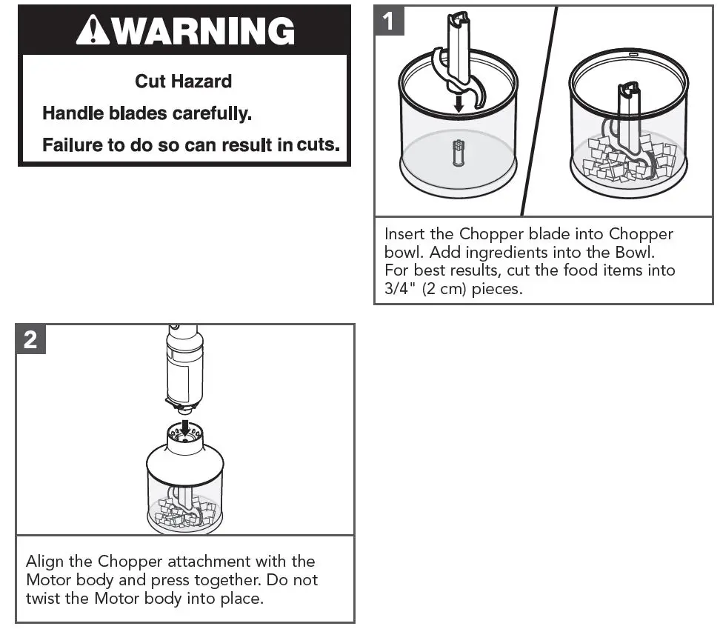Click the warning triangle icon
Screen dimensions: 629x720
91,30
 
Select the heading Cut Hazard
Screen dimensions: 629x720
183,81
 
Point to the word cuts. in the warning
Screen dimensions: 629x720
318,144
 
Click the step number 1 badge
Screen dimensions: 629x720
390,21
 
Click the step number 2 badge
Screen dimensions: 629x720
30,339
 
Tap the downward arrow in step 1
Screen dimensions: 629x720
459,102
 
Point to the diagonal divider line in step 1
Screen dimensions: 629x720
540,111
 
